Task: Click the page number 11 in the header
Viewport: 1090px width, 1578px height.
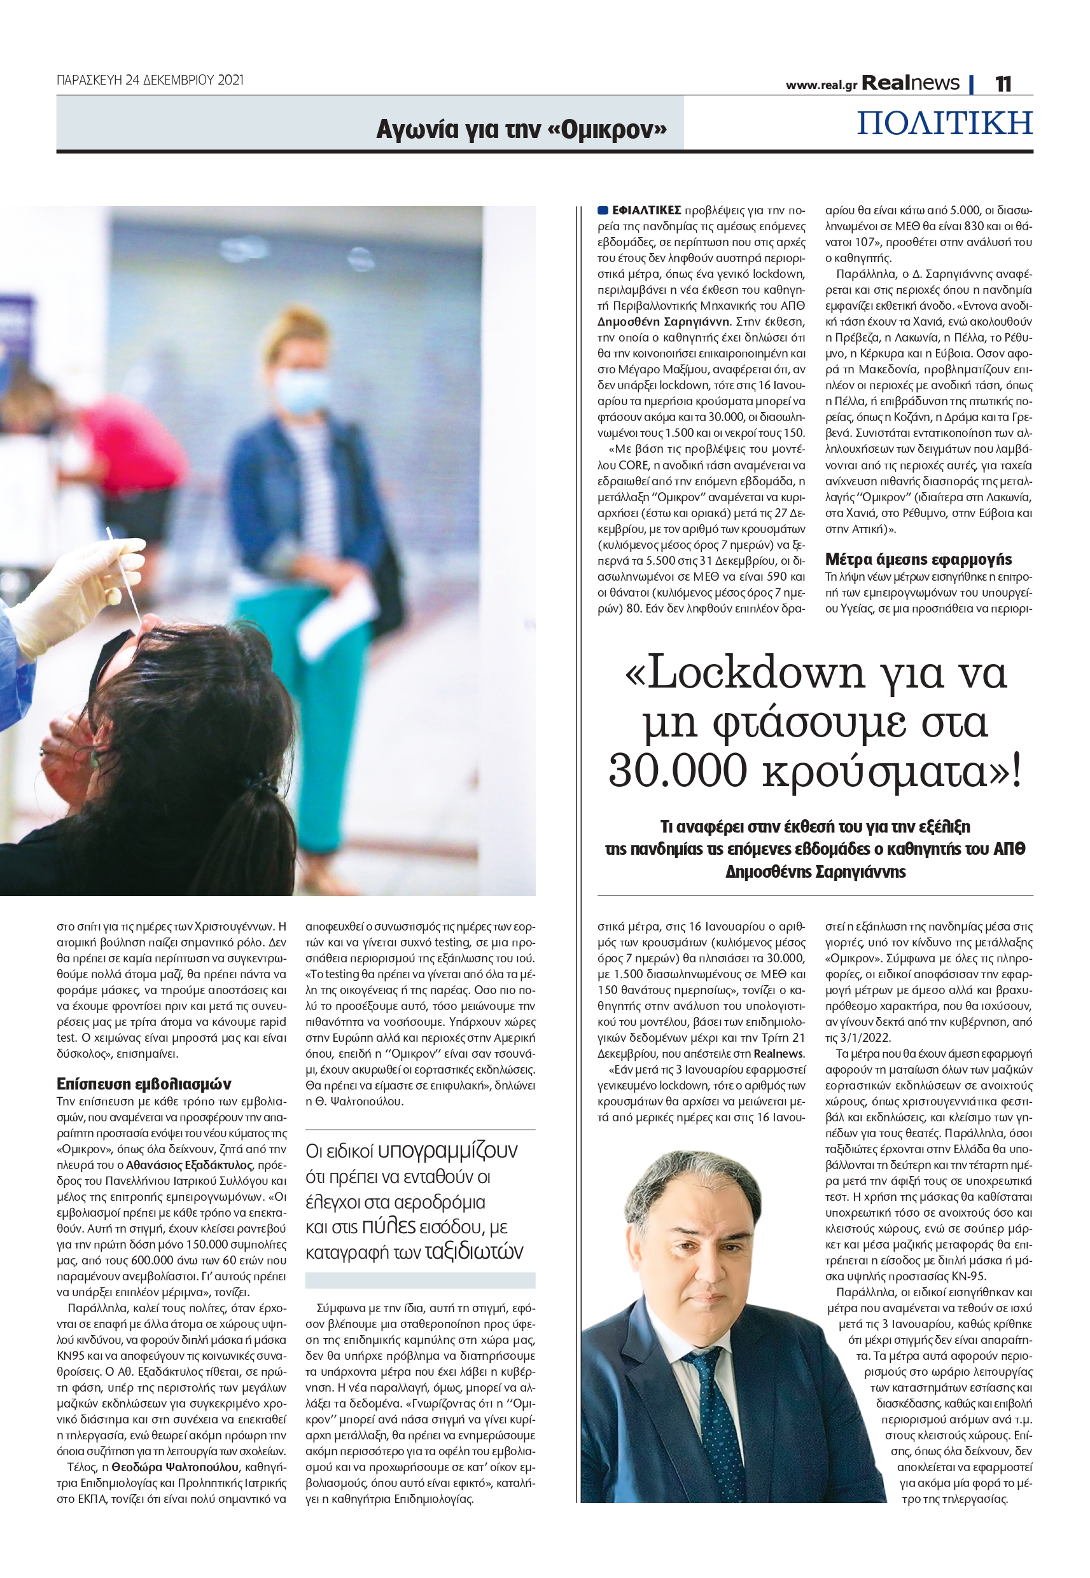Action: point(1003,83)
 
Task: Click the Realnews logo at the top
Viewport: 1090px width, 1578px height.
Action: point(911,83)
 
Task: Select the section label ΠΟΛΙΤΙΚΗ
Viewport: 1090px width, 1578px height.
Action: point(944,123)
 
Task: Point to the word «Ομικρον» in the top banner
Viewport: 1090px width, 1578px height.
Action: point(607,129)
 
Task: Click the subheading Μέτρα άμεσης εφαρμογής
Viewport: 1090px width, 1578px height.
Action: point(919,560)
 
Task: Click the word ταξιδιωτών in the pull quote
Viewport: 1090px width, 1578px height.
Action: point(474,1252)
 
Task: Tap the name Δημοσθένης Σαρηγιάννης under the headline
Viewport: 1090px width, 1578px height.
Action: point(816,871)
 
